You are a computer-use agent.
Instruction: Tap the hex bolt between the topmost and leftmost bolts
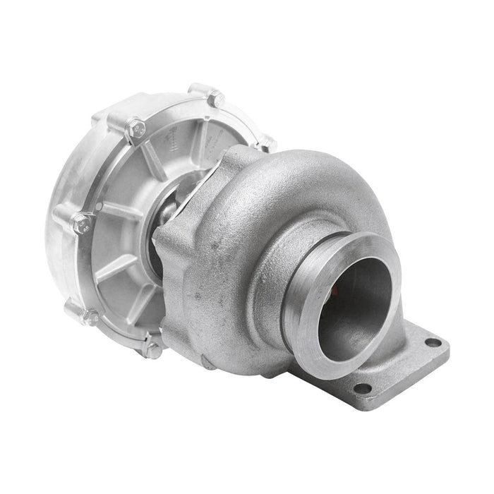[135, 129]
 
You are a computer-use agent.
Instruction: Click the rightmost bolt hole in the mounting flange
[433, 343]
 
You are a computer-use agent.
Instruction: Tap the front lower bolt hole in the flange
[363, 388]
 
